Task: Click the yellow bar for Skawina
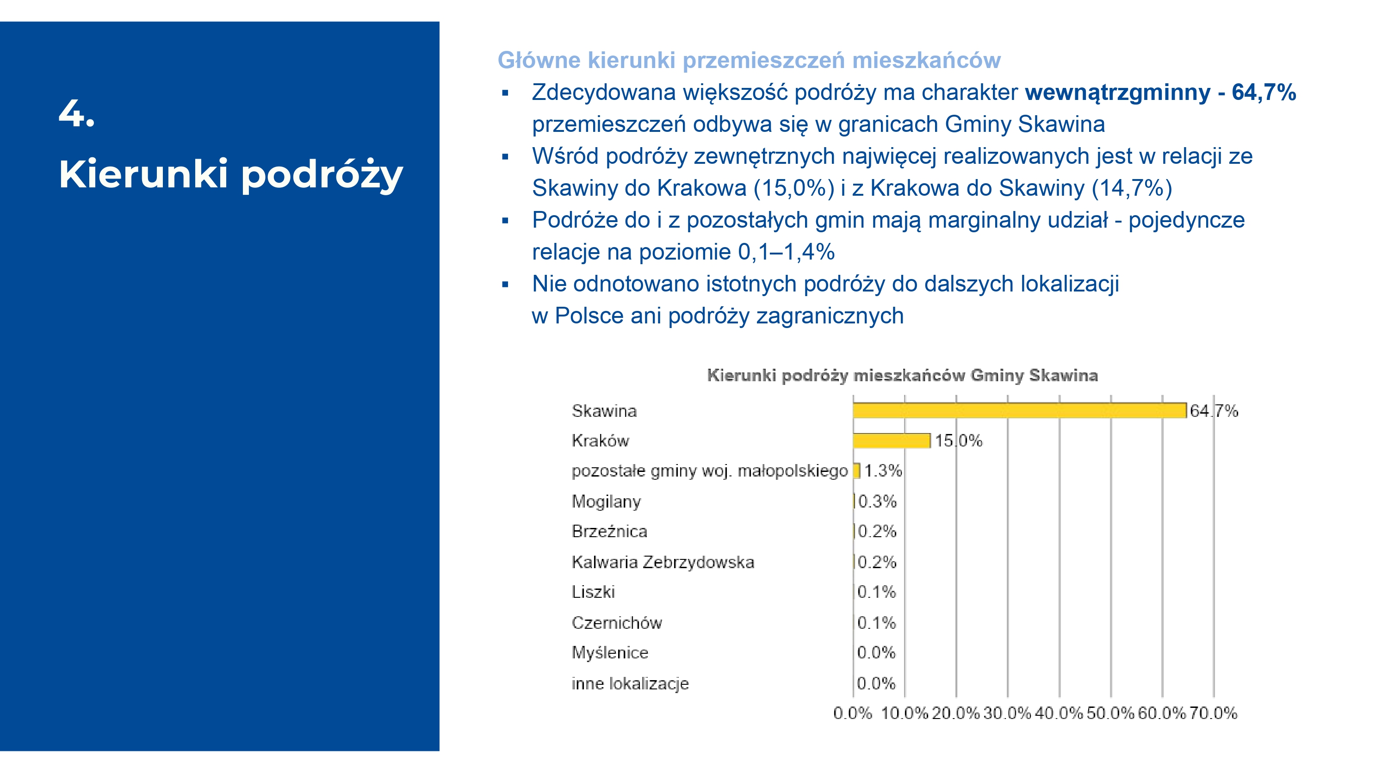click(x=1018, y=411)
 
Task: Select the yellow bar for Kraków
click(x=891, y=441)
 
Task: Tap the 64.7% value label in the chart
click(x=1214, y=411)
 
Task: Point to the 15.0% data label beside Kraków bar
click(x=958, y=441)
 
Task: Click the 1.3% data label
click(x=883, y=471)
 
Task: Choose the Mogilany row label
click(x=606, y=502)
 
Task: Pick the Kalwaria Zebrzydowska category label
click(x=663, y=562)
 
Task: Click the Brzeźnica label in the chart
click(x=609, y=532)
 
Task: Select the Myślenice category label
click(x=610, y=653)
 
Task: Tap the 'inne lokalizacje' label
click(x=630, y=683)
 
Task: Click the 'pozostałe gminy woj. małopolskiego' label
click(x=710, y=471)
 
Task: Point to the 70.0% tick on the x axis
click(x=1213, y=713)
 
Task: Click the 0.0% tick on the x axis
click(x=852, y=713)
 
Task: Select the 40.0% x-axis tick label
click(x=1058, y=713)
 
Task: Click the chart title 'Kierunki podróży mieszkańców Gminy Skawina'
click(x=902, y=375)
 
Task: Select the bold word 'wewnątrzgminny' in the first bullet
click(x=1117, y=92)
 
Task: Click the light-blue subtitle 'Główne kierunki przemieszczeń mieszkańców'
click(x=749, y=60)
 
